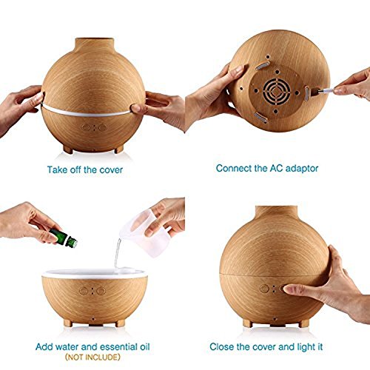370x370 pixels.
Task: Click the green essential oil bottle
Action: tap(64, 238)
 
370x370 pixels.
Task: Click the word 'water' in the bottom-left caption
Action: tap(67, 347)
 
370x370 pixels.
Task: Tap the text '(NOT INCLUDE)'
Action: tap(92, 357)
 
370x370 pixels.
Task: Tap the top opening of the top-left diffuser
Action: tap(95, 39)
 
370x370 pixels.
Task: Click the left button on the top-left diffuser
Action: tap(86, 128)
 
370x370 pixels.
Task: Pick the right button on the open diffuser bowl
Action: tap(101, 291)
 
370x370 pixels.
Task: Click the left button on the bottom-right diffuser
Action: tap(264, 289)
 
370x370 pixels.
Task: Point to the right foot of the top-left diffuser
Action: tap(119, 149)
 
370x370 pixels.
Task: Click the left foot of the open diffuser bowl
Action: tap(68, 323)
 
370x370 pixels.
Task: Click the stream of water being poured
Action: tap(118, 253)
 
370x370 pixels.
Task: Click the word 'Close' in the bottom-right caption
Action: tap(222, 347)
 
